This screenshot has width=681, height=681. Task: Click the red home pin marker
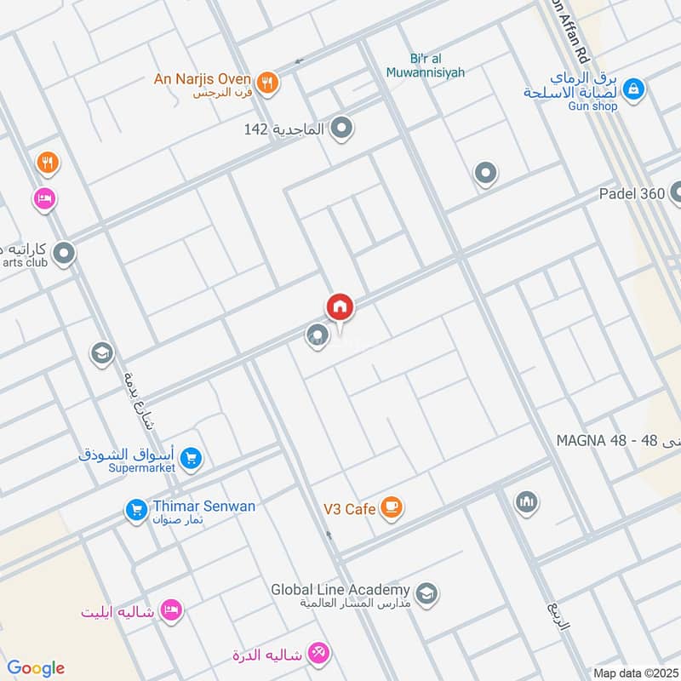click(340, 307)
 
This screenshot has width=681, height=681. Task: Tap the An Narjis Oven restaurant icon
click(267, 82)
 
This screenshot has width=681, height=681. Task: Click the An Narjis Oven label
click(202, 79)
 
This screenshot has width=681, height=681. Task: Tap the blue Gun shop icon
click(632, 88)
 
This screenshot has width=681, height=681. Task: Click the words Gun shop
click(593, 106)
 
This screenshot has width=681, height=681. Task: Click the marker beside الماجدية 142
click(342, 129)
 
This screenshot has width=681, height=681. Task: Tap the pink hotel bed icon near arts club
click(44, 199)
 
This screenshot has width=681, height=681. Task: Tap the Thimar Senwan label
click(203, 506)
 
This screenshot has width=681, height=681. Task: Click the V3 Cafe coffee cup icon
click(391, 509)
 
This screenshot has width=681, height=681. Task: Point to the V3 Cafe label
click(349, 509)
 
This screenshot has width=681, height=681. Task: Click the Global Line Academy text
click(340, 589)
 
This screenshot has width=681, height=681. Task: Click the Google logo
click(36, 668)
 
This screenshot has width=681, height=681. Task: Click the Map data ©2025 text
click(633, 672)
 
